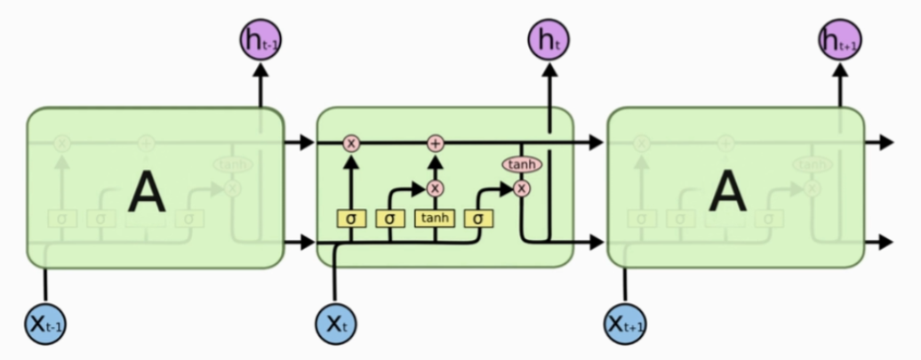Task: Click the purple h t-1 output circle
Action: [x=260, y=40]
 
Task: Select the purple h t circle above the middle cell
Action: [x=549, y=40]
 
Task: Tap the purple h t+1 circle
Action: [x=838, y=40]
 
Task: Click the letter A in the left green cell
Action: [x=146, y=192]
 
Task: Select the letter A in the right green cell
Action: [x=727, y=192]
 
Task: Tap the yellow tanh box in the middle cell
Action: [x=435, y=218]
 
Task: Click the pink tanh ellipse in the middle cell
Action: [x=521, y=165]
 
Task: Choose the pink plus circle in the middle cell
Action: [x=435, y=143]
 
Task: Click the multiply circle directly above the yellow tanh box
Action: [x=435, y=188]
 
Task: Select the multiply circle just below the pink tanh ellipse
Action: [x=521, y=188]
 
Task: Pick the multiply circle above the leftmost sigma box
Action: [x=351, y=143]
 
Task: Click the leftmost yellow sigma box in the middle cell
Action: [x=351, y=218]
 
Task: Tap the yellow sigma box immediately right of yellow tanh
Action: [x=478, y=218]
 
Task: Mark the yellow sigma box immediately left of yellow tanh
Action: [x=390, y=218]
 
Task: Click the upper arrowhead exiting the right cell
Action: [x=885, y=143]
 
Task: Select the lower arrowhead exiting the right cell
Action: [x=885, y=242]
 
